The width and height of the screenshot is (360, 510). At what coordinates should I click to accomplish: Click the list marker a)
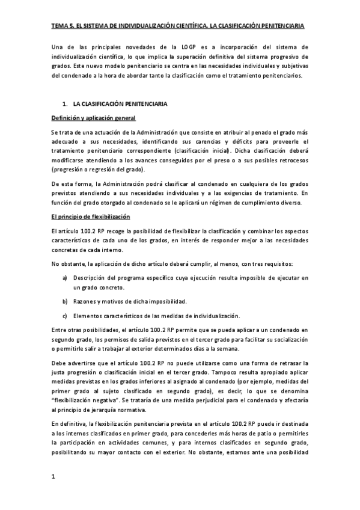click(x=65, y=277)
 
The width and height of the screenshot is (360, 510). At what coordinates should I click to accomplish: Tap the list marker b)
click(x=65, y=301)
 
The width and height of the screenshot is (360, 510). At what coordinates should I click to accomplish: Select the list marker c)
click(x=65, y=316)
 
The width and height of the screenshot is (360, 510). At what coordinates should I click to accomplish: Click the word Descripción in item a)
click(x=90, y=277)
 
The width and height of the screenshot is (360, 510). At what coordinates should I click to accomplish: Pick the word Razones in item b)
click(x=85, y=301)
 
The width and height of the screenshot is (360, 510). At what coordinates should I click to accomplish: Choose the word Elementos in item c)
click(x=88, y=316)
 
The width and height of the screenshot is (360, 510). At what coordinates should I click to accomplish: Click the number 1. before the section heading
click(x=64, y=104)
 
